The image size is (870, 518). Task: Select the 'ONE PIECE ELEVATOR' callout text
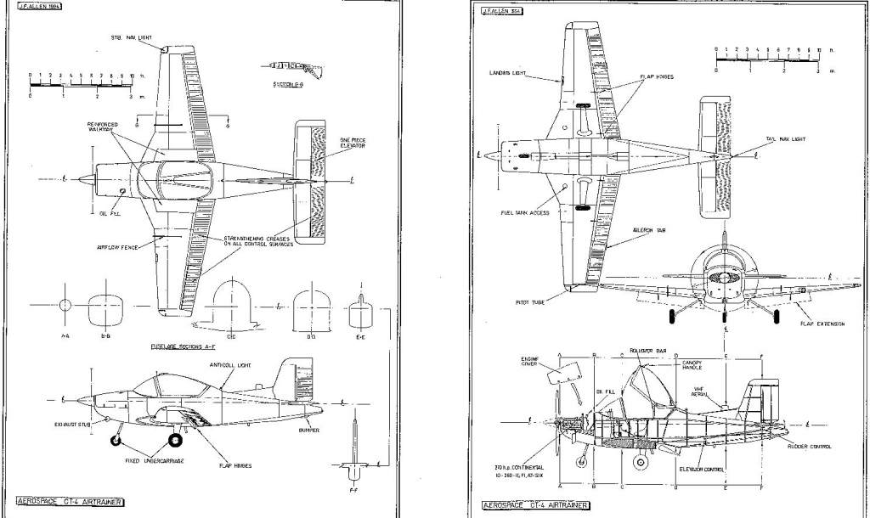click(353, 144)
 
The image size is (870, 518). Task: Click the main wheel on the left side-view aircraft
click(176, 440)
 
